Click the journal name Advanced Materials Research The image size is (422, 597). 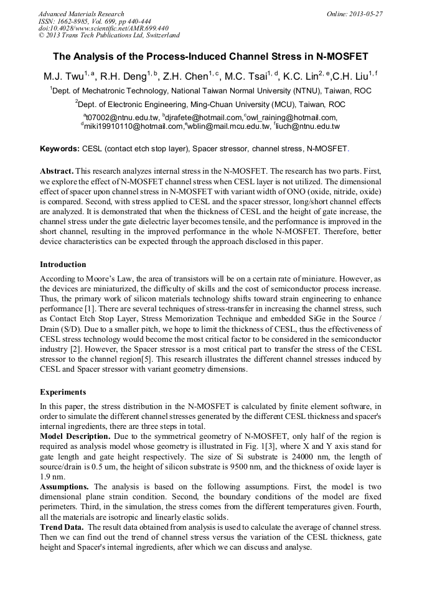[81, 14]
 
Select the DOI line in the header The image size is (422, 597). [103, 28]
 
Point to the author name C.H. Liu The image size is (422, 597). [351, 77]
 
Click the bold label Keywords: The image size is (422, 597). [60, 149]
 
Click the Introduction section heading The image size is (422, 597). [63, 264]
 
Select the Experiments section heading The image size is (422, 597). [63, 392]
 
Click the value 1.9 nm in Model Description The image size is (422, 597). [49, 476]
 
